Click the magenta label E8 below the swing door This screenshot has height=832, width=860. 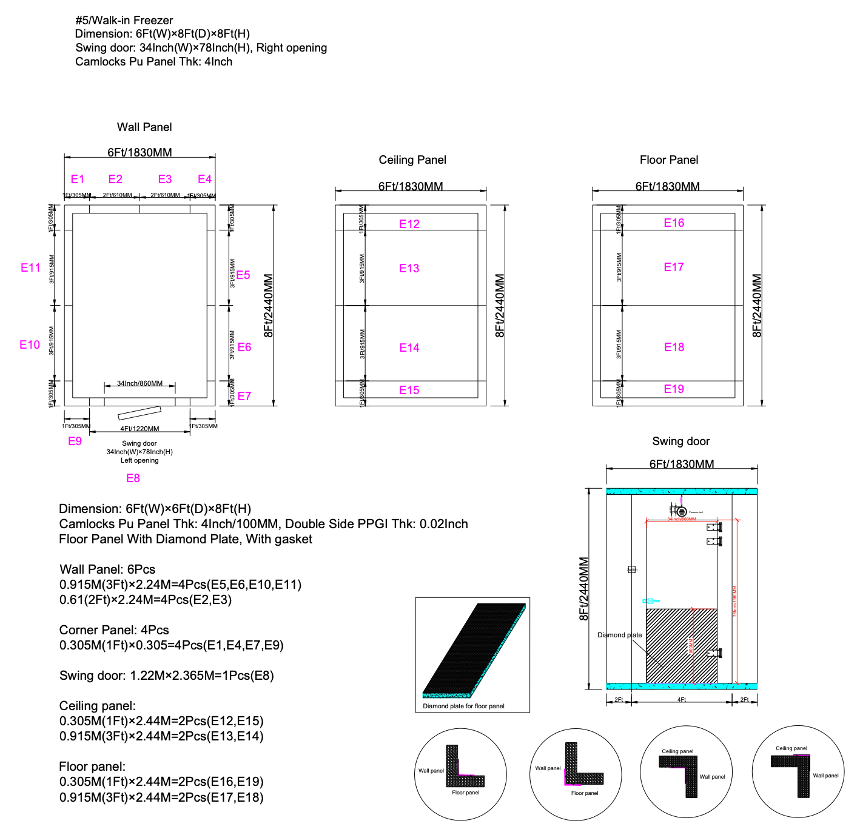[133, 478]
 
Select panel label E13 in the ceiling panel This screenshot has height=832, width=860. [409, 269]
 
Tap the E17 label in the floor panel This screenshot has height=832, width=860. [674, 267]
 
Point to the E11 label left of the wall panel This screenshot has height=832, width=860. [30, 268]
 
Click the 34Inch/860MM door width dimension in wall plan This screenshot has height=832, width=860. [139, 383]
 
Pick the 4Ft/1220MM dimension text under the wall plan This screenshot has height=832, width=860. [139, 429]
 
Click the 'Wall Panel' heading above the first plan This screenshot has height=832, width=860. [144, 127]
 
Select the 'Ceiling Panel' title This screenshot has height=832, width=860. [412, 160]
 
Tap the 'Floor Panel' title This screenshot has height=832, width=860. [669, 160]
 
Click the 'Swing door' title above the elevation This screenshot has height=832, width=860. [680, 441]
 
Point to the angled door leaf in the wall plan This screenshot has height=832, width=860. [139, 413]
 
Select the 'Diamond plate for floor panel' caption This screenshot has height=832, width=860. [463, 706]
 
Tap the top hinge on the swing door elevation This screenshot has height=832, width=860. [714, 528]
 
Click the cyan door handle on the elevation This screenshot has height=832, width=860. [650, 601]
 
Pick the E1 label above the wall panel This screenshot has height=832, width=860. [78, 179]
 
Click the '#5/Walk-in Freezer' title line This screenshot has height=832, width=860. [124, 21]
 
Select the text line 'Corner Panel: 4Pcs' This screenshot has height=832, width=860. [114, 630]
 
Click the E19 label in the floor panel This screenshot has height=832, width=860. [674, 389]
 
